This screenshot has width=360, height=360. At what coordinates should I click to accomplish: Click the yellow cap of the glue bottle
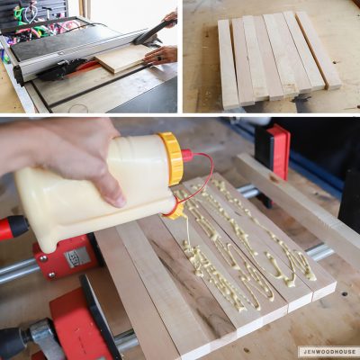(x=171, y=158)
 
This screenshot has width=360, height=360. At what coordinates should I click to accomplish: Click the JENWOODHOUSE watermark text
(x=328, y=351)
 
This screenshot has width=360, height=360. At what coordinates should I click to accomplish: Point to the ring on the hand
(x=159, y=58)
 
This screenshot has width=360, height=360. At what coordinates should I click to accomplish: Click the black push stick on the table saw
(x=150, y=32)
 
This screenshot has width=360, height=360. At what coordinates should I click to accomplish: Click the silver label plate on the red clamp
(x=76, y=257)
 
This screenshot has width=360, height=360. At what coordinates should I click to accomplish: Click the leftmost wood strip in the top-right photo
(x=228, y=64)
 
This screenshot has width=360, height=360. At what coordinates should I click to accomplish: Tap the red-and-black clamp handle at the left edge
(x=13, y=228)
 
